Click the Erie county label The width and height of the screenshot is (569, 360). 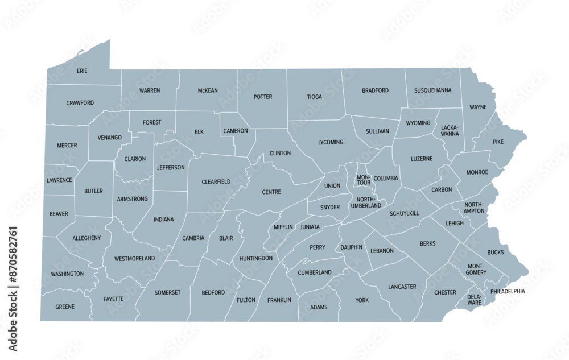[x=82, y=71]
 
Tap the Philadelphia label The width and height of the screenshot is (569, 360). [x=508, y=291]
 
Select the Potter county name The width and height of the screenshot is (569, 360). [x=263, y=97]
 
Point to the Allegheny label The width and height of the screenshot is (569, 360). [x=86, y=238]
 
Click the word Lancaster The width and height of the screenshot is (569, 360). [x=402, y=287]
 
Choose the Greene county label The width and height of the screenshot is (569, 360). [x=65, y=307]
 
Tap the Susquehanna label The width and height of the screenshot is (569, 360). [x=433, y=90]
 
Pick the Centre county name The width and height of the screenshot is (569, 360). [x=271, y=192]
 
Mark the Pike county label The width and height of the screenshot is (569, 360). [x=498, y=141]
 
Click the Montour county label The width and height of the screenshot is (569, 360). [x=364, y=180]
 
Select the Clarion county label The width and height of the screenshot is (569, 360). [x=135, y=159]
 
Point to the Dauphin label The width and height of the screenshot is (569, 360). [x=352, y=247]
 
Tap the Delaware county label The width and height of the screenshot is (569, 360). [x=475, y=299]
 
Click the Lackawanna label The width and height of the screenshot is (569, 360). [x=449, y=131]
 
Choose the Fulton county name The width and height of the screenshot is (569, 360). [x=246, y=300]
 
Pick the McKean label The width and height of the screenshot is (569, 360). [x=208, y=90]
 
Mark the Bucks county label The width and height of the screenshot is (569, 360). [x=495, y=252]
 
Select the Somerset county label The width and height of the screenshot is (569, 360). [x=167, y=292]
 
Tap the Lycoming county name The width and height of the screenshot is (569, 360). [x=331, y=142]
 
